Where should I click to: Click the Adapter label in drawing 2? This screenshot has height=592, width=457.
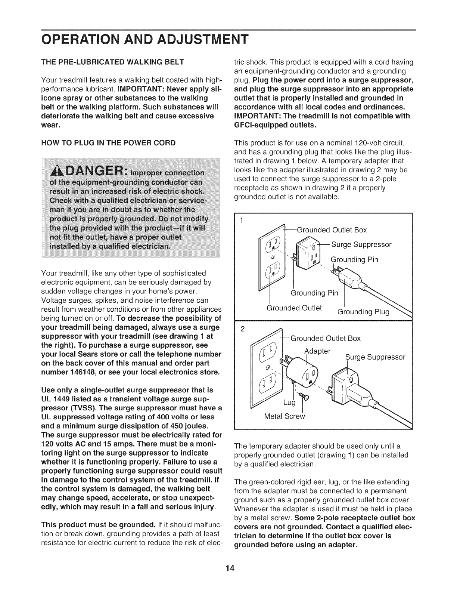318,351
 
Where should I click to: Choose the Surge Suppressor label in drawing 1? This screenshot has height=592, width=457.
361,245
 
